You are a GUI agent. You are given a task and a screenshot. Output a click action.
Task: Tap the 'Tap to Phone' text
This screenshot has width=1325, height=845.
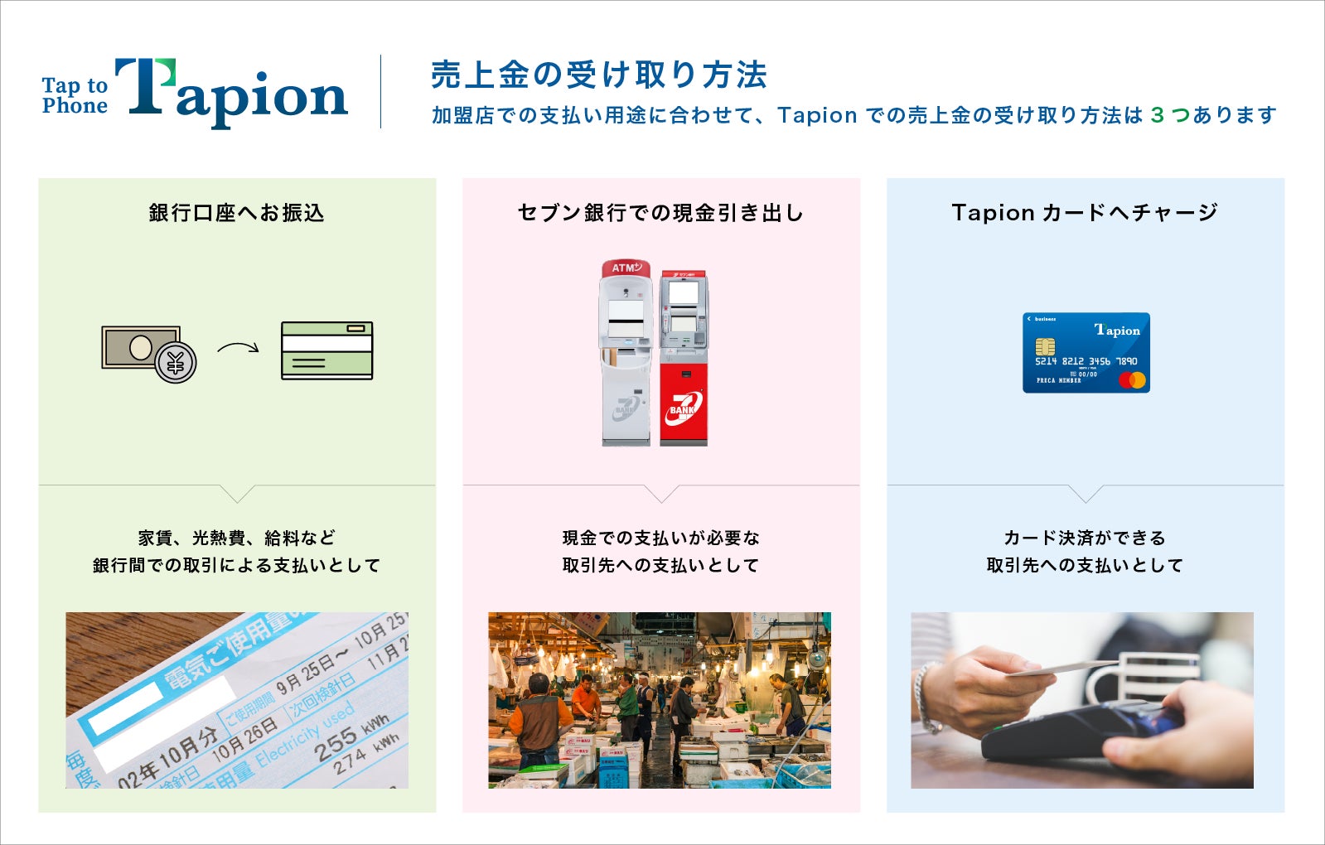pos(75,95)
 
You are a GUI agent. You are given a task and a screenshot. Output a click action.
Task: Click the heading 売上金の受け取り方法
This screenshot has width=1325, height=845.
pos(598,75)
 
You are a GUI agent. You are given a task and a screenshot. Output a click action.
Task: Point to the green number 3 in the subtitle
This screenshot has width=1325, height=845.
pos(1157,115)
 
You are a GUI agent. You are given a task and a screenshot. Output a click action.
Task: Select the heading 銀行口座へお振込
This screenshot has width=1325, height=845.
pos(236,213)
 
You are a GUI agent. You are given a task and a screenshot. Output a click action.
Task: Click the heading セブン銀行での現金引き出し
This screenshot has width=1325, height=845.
pos(660,213)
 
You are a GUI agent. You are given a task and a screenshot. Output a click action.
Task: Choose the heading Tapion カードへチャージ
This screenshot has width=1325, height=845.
pos(1085,213)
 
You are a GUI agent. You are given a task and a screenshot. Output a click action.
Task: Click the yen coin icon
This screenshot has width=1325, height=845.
pos(176,362)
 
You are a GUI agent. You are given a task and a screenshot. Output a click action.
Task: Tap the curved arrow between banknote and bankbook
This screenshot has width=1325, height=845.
pos(238,348)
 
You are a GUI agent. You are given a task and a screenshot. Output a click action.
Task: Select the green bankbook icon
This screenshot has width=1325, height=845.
pos(326,350)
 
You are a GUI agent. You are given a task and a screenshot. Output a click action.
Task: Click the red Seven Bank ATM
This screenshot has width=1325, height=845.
pos(684,358)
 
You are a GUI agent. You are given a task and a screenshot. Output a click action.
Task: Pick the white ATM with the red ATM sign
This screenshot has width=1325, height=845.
pos(626,353)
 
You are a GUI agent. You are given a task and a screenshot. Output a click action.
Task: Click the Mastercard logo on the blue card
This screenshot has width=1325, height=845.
pos(1132,380)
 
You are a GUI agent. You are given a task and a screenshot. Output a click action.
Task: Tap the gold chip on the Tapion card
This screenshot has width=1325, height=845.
pos(1045,345)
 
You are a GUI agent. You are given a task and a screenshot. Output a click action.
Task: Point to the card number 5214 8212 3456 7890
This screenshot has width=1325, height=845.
pos(1086,361)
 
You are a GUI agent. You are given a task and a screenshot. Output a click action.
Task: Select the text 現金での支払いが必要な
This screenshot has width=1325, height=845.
pos(660,538)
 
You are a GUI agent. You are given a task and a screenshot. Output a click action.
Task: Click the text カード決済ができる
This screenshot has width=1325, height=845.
pos(1085,538)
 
